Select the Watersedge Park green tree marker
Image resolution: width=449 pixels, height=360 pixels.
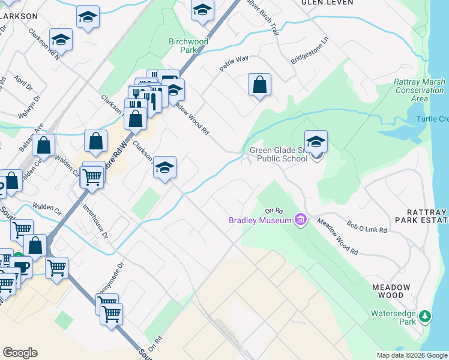pos(426,315)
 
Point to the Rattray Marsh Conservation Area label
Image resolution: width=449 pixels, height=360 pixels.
pos(420,90)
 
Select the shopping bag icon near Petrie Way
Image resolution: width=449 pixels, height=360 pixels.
pos(259,85)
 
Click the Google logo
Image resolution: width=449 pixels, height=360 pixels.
pos(20,353)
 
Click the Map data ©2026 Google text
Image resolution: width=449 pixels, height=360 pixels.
pos(411,355)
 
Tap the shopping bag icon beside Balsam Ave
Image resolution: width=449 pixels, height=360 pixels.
pos(44,145)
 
